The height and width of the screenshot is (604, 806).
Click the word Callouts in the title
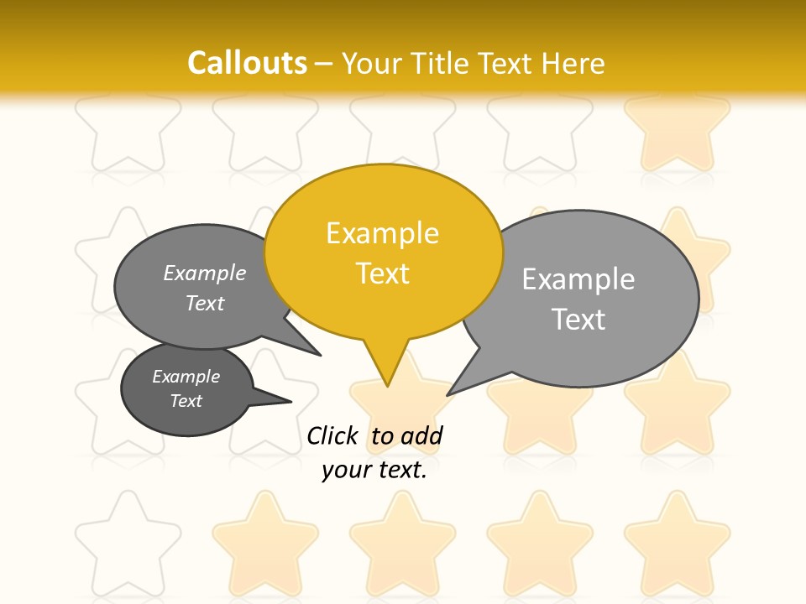[247, 63]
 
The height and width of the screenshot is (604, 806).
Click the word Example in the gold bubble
[382, 233]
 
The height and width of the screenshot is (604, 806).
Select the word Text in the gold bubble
[382, 273]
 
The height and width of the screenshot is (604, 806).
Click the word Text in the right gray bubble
[578, 320]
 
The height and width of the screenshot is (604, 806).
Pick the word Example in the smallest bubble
[186, 377]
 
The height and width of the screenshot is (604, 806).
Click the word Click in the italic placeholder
[332, 435]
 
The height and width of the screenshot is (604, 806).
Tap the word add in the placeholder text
[421, 435]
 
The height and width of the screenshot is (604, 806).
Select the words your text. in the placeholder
[374, 470]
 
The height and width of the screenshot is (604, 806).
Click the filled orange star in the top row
[678, 134]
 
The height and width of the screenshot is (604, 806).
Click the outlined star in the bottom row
[128, 541]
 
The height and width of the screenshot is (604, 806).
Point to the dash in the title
[325, 64]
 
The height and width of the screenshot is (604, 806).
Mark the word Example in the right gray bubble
[578, 279]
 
